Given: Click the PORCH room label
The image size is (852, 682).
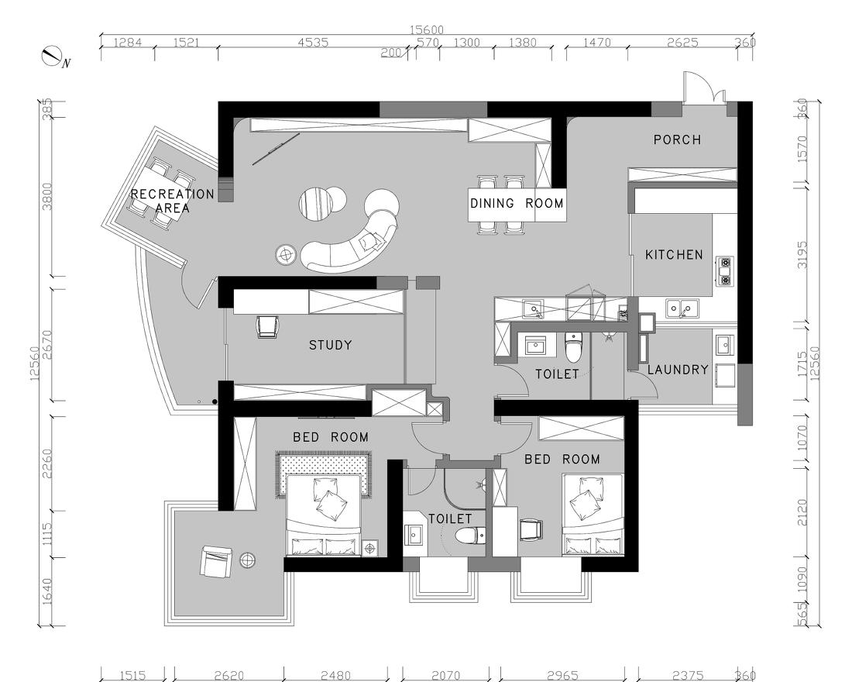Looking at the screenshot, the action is tap(677, 139).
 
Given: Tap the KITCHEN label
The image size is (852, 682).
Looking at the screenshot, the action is tap(674, 254).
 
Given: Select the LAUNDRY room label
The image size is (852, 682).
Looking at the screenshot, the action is tap(679, 370).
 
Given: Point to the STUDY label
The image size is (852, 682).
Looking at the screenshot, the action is tap(331, 345).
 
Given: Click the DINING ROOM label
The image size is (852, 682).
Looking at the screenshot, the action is tap(517, 203).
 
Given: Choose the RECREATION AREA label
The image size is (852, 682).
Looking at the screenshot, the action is tap(172, 201).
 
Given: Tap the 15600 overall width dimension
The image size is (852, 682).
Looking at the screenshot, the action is tap(427, 30).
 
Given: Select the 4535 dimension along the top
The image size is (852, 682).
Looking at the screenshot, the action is tap(313, 43).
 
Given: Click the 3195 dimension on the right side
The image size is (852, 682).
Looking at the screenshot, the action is tap(802, 254).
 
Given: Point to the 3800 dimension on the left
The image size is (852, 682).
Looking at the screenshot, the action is tap(47, 196).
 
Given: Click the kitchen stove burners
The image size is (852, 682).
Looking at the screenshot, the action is tap(725, 271).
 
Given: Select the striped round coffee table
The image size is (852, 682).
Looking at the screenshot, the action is tap(315, 203).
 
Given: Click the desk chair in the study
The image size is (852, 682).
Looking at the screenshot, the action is tap(268, 326).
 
